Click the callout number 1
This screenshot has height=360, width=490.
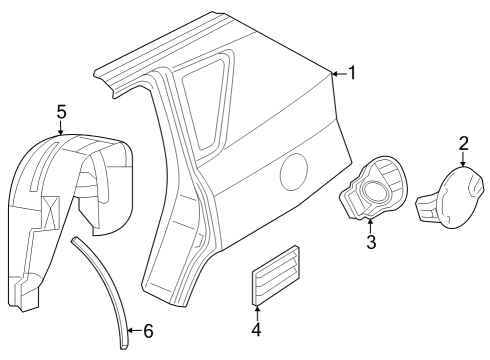351,72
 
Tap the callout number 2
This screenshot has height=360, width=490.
463,142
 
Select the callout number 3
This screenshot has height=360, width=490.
371,241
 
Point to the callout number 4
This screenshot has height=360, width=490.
255,328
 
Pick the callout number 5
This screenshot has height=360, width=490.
61,111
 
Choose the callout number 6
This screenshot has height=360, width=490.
148,331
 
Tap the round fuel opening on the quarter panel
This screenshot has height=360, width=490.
294,171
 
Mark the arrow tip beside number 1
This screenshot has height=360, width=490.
333,73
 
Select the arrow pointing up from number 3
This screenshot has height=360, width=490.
371,222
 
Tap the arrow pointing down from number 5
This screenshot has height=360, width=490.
61,131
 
